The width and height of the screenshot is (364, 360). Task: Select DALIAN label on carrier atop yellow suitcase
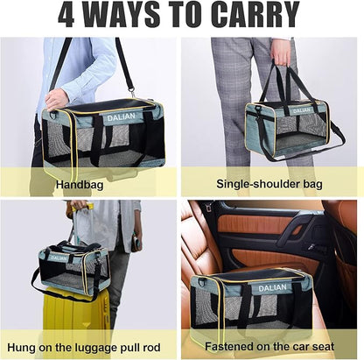[59, 258]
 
